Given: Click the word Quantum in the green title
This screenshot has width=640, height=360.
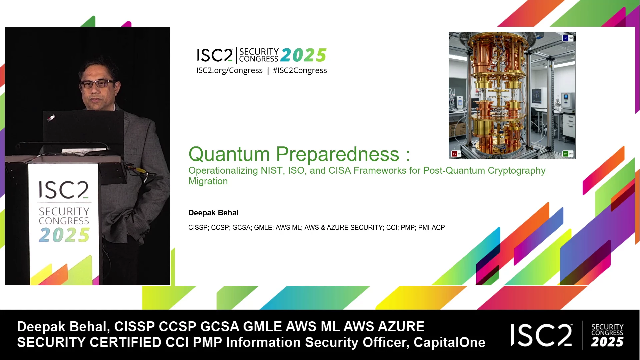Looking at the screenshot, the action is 229,154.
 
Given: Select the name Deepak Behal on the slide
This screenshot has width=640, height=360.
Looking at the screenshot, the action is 213,213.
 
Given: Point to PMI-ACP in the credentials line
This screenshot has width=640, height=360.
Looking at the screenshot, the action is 432,227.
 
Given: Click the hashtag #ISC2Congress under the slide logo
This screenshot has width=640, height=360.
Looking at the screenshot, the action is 300,71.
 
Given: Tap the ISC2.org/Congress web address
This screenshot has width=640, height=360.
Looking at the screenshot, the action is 229,71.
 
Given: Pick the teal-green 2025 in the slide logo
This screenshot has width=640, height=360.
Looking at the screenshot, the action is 303,55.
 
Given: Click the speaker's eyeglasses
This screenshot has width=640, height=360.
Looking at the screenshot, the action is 97,84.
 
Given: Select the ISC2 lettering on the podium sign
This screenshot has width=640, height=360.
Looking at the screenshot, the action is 64,190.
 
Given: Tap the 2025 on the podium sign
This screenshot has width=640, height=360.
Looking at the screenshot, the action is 64,235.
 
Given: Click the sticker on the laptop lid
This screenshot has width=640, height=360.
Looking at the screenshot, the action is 51,118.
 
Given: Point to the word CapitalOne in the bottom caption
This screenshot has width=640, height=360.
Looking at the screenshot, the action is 449,342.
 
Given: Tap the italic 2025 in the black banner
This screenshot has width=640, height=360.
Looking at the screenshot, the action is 607,342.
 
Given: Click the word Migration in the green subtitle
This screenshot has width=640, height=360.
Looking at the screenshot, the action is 208,181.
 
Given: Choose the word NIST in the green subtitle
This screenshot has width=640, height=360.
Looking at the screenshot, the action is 272,171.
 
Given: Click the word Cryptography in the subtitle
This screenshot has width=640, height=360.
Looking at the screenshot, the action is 517,171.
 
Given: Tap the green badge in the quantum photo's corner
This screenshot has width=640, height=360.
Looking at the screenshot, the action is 565,154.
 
